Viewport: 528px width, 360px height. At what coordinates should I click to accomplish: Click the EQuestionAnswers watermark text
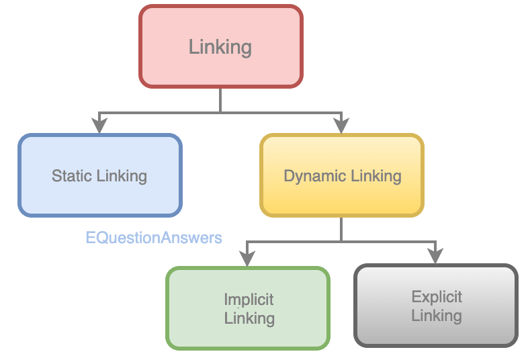tap(154, 238)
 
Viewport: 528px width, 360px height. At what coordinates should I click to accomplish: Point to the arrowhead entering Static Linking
tap(99, 125)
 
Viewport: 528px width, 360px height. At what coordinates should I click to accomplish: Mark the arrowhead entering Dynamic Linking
tap(342, 125)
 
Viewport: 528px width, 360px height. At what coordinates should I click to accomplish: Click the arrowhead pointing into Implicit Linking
tap(248, 257)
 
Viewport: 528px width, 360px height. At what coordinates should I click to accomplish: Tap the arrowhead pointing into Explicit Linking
tap(436, 255)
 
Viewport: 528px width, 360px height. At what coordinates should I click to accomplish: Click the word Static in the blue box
tap(72, 176)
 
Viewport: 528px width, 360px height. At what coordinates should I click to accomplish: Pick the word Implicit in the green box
tap(249, 300)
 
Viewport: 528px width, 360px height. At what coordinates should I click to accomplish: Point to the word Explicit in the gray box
tap(437, 297)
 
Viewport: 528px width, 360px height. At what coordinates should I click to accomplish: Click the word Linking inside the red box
tap(220, 47)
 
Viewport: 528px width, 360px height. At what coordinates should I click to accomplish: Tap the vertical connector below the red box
tap(220, 99)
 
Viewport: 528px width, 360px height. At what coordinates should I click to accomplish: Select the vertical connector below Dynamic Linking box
tap(342, 228)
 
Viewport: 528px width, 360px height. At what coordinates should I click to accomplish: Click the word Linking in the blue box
tap(122, 176)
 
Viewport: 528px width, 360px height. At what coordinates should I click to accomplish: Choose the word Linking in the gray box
tap(437, 315)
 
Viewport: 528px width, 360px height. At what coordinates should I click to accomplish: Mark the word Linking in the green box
tap(249, 318)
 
